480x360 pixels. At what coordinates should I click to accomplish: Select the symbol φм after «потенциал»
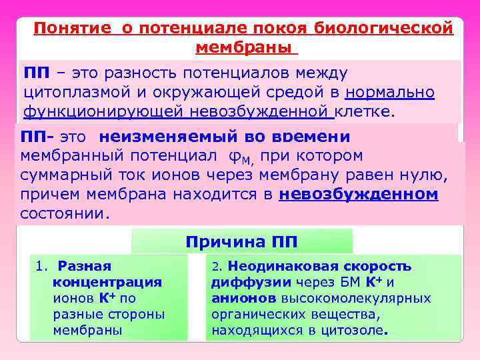pyautogui.click(x=237, y=157)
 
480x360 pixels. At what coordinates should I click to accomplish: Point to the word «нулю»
pyautogui.click(x=421, y=175)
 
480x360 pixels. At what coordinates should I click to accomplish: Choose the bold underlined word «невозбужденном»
pyautogui.click(x=359, y=195)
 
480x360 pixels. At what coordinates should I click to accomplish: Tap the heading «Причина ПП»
pyautogui.click(x=242, y=241)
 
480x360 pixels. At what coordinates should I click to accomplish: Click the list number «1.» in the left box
pyautogui.click(x=41, y=266)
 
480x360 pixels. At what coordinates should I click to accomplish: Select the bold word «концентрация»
pyautogui.click(x=107, y=282)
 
